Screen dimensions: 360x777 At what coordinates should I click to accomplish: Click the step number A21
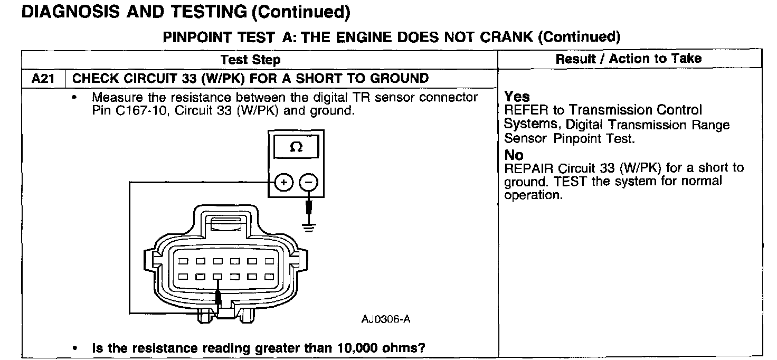pos(43,79)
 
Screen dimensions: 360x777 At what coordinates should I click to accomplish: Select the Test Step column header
pos(250,60)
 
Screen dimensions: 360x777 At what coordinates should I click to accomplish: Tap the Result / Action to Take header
pos(629,59)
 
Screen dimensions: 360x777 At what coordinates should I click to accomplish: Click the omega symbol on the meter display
pos(296,147)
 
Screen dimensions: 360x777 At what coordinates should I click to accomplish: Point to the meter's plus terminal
pos(284,183)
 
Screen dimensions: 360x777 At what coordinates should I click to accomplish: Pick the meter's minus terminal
pos(309,183)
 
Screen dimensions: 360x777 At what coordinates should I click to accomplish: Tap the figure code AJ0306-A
pos(386,319)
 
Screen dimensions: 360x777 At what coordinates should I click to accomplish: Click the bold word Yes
pos(517,97)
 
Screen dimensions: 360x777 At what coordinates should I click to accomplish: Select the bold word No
pos(514,155)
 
